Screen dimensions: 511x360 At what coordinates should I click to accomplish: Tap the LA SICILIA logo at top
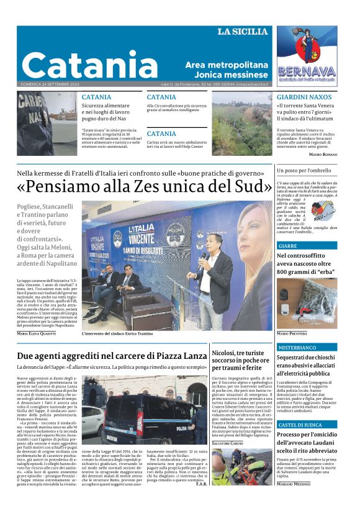242,32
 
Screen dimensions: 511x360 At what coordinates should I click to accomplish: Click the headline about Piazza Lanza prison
111,356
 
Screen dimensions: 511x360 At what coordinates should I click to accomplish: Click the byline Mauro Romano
323,153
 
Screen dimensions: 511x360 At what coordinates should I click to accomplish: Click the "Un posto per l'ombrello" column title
304,170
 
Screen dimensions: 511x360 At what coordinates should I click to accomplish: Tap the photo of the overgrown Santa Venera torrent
241,124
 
